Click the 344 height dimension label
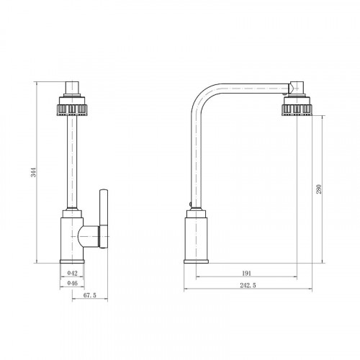[35, 172]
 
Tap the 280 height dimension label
[318, 189]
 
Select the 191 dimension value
[246, 274]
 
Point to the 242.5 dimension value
[248, 285]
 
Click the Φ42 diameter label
[72, 273]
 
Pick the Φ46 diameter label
[72, 283]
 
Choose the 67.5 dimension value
[90, 295]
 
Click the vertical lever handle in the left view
[104, 219]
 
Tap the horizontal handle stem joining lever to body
[89, 236]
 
